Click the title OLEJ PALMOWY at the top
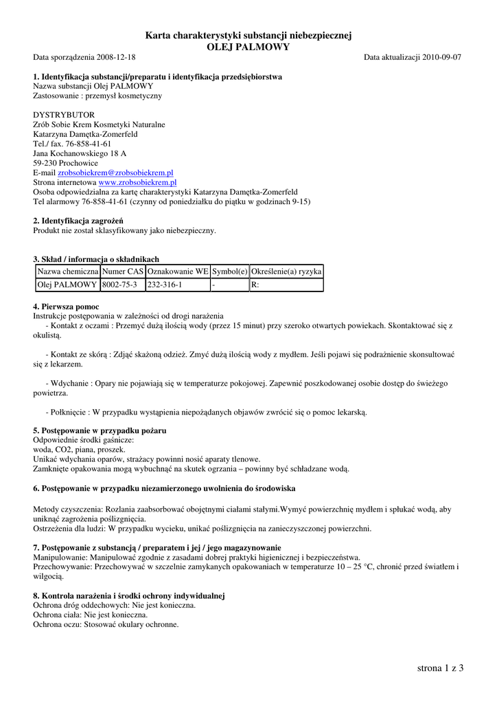coord(248,47)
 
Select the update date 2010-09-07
coord(441,57)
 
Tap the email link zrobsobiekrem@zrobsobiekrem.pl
coord(115,173)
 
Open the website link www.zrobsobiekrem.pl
coord(137,183)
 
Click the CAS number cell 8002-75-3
coord(119,285)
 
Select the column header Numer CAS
coord(122,272)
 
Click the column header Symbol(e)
coord(229,272)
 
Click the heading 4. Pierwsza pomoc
coord(66,306)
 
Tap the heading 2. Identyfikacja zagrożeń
coord(73,221)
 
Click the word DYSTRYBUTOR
coord(64,115)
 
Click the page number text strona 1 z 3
coord(440,668)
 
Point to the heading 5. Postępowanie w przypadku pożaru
coord(100,430)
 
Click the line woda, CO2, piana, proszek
coord(80,449)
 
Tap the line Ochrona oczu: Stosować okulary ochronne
coord(106,624)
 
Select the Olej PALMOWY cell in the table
coord(67,285)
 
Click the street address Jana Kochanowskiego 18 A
coord(80,154)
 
